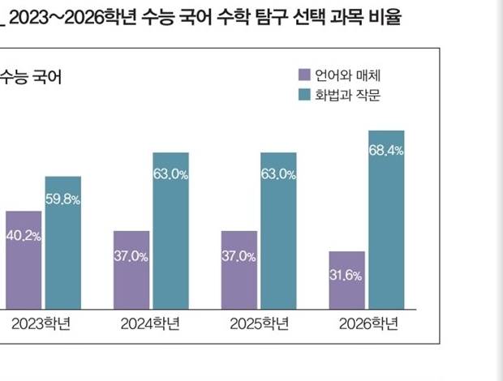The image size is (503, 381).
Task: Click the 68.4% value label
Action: click(x=386, y=151)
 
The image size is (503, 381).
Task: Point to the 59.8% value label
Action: click(x=62, y=199)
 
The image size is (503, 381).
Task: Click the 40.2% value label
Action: click(x=23, y=236)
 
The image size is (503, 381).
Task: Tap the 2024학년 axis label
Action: click(x=151, y=324)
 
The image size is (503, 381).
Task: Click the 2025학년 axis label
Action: click(x=259, y=324)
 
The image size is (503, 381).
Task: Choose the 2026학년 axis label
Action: click(x=367, y=324)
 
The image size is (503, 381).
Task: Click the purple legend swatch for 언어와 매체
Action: click(x=304, y=75)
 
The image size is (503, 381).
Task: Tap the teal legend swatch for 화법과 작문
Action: click(x=304, y=95)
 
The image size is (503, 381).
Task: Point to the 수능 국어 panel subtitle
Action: click(x=32, y=78)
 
